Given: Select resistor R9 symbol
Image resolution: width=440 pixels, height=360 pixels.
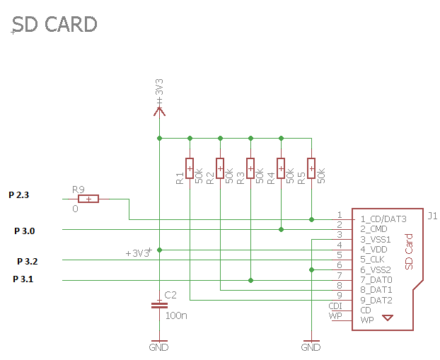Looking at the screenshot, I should (88, 199).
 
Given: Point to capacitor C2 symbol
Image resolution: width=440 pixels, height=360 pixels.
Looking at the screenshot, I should (159, 306).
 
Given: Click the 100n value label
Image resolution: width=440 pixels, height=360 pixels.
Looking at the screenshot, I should (175, 315).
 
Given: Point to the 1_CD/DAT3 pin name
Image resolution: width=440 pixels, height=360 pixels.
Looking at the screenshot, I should (383, 219).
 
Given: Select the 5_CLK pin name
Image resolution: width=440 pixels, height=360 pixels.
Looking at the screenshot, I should (372, 260).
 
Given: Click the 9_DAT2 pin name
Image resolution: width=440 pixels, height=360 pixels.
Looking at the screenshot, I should (376, 300).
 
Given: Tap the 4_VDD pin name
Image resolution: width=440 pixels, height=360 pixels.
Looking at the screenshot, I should (374, 250).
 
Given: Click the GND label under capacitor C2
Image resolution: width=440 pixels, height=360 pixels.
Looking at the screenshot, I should (159, 348).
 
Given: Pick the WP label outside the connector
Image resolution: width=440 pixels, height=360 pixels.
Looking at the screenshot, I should (335, 315).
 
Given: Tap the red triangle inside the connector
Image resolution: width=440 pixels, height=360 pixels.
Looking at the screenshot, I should (387, 318).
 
